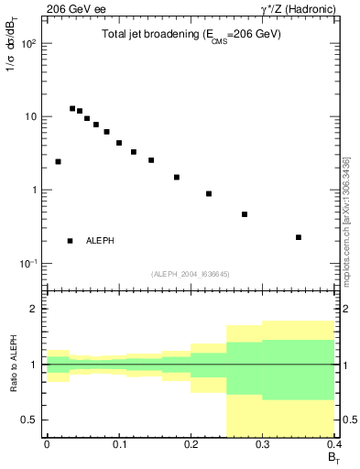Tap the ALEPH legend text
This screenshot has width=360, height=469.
point(100,241)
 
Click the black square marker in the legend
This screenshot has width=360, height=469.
point(71,241)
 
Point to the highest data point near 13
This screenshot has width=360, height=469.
point(72,108)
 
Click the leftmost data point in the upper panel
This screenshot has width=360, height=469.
point(58,161)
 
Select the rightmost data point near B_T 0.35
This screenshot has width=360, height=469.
point(299,237)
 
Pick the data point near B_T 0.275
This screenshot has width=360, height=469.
point(245,214)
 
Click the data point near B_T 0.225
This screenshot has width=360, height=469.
point(209,193)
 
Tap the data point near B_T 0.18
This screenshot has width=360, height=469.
point(177,177)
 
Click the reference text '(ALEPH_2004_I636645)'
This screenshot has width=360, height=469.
point(190,273)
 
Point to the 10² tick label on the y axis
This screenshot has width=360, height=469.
point(29,44)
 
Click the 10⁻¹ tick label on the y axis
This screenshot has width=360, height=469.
point(29,264)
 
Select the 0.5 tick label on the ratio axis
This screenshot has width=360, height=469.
point(31,420)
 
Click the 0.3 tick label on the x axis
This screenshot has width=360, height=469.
point(263,443)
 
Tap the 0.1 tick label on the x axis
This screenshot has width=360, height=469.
point(119,443)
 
